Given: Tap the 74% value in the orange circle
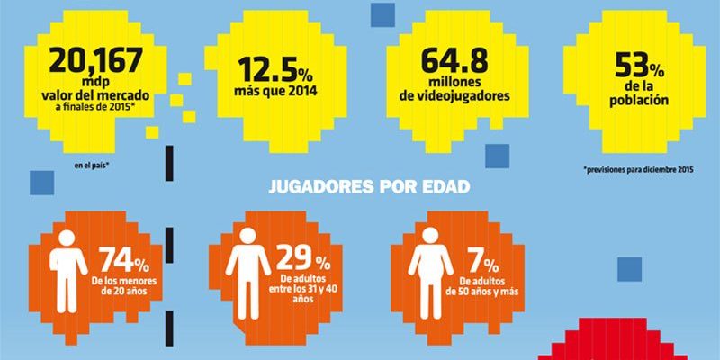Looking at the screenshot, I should click(x=123, y=260).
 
